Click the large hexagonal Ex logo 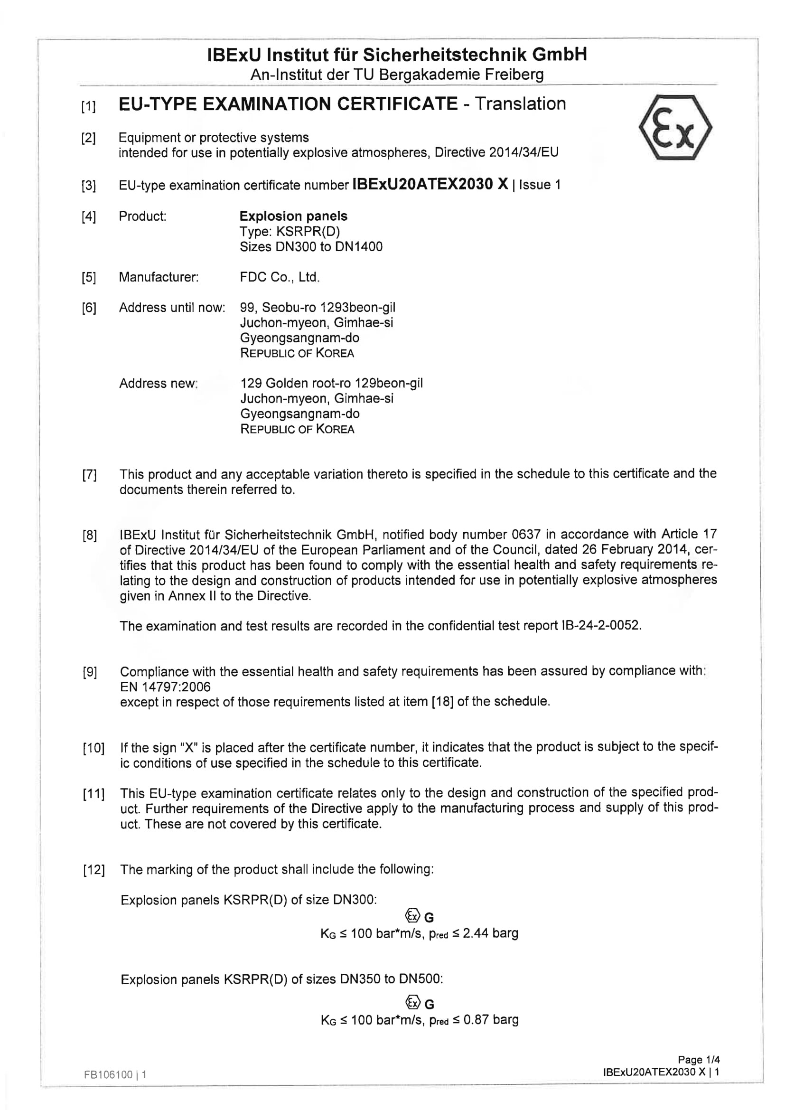[x=675, y=128]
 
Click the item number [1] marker [x=88, y=106]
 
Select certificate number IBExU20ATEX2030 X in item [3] [x=430, y=184]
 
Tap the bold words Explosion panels [x=293, y=216]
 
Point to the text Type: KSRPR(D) [x=290, y=232]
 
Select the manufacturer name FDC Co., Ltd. [x=280, y=277]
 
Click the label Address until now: [x=172, y=308]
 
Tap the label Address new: [x=159, y=384]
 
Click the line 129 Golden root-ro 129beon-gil [x=331, y=384]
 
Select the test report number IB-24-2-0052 [x=601, y=626]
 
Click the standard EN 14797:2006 [x=165, y=687]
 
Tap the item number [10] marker [x=93, y=748]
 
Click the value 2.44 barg [x=490, y=933]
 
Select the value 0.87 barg [x=491, y=1020]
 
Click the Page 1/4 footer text [x=699, y=1060]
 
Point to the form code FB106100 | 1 [x=115, y=1075]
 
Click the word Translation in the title [x=520, y=104]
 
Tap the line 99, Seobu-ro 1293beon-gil [x=317, y=308]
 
